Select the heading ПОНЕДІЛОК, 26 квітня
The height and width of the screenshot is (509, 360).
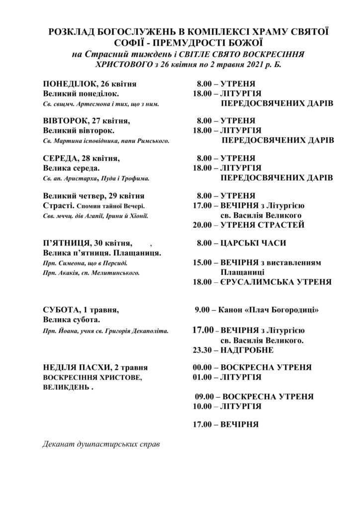(x=90, y=84)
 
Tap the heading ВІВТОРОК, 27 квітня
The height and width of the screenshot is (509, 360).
(x=87, y=121)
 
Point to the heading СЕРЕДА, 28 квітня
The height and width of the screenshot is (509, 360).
(x=82, y=158)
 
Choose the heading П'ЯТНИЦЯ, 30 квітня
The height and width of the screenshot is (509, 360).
(x=88, y=243)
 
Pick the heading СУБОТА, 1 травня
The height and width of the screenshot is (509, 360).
(x=81, y=309)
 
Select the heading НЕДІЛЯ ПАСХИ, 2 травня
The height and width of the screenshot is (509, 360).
(x=95, y=368)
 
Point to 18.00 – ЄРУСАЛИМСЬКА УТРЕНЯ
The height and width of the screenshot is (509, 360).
(x=262, y=281)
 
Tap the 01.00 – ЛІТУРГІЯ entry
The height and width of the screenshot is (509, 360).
(x=227, y=377)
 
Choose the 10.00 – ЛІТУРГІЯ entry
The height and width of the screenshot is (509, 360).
(x=227, y=406)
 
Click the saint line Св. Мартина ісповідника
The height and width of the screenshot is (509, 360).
(x=106, y=141)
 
